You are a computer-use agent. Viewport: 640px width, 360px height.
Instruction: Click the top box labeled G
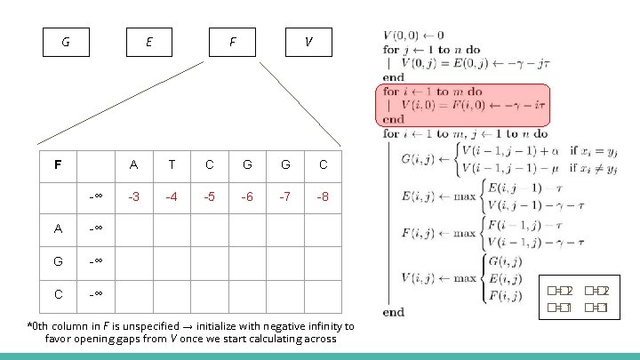point(68,42)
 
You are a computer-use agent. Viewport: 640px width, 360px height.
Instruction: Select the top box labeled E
point(148,42)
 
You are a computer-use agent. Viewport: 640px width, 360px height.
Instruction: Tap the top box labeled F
point(232,42)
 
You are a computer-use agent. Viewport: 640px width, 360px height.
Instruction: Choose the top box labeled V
point(308,42)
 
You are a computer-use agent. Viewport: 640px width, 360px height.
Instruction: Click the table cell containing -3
point(132,196)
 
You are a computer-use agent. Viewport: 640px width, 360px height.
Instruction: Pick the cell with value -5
point(209,196)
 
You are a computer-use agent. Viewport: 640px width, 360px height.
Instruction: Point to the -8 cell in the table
point(323,196)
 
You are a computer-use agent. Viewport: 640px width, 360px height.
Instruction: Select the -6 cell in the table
point(246,196)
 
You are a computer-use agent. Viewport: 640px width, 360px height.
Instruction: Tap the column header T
point(171,164)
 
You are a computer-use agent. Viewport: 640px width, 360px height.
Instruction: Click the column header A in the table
point(132,164)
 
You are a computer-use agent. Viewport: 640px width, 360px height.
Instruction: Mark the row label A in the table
point(58,228)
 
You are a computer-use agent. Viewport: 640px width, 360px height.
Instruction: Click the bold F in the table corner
point(58,164)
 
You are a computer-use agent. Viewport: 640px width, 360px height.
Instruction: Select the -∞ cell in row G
point(96,260)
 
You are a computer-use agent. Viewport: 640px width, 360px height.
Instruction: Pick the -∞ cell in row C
point(96,292)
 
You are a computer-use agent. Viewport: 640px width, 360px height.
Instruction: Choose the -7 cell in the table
point(284,196)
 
